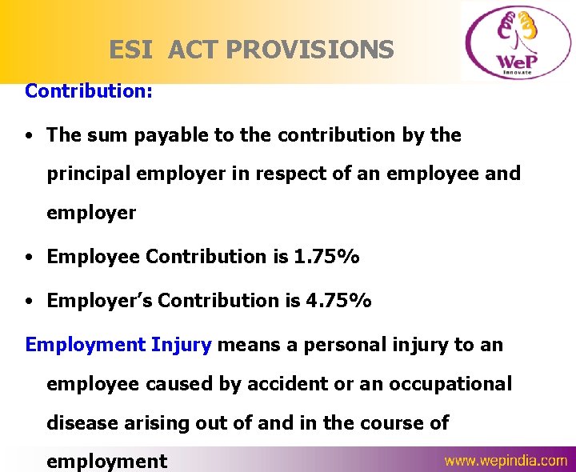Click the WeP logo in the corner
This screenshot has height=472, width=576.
pos(516,42)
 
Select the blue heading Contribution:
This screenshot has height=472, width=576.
pos(89,90)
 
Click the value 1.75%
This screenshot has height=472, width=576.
pos(326,257)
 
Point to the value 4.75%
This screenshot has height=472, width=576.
pos(338,301)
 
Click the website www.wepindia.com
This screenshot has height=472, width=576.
pos(506,461)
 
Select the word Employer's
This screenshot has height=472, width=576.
pos(99,301)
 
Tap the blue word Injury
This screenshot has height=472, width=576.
pos(181,345)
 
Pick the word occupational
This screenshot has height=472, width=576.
pos(448,384)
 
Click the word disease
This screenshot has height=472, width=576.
pos(82,423)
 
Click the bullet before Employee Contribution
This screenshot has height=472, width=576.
pos(29,258)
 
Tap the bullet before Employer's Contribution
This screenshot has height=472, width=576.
pos(29,302)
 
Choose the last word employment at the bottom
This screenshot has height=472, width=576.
pos(107,462)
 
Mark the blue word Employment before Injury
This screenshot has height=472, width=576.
pos(85,345)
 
